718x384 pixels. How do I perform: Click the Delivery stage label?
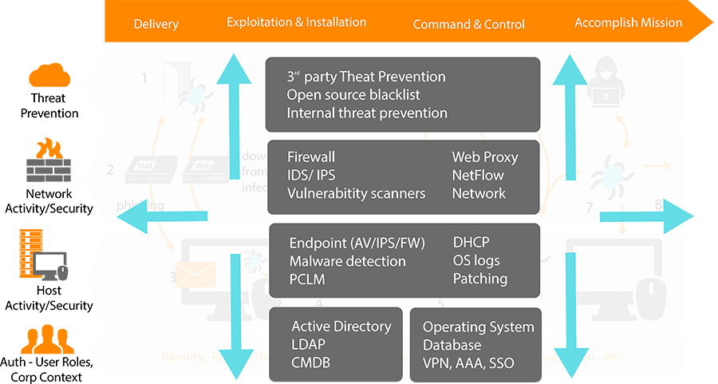point(156,23)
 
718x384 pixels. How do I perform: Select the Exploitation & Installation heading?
point(296,22)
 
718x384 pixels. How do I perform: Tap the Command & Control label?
point(469,24)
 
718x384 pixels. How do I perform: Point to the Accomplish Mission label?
point(629,22)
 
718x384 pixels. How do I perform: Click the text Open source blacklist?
point(353,95)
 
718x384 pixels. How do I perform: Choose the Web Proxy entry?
point(485,156)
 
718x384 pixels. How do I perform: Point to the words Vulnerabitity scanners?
point(357,193)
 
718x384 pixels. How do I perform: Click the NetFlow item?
point(478,175)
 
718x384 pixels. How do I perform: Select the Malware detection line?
point(347,261)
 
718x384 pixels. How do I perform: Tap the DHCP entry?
point(471,243)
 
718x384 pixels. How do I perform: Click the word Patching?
point(480,279)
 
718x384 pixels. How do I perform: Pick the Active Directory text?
point(341,327)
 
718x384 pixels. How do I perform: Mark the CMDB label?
point(311,363)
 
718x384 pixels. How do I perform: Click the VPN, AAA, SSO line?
point(468,363)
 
